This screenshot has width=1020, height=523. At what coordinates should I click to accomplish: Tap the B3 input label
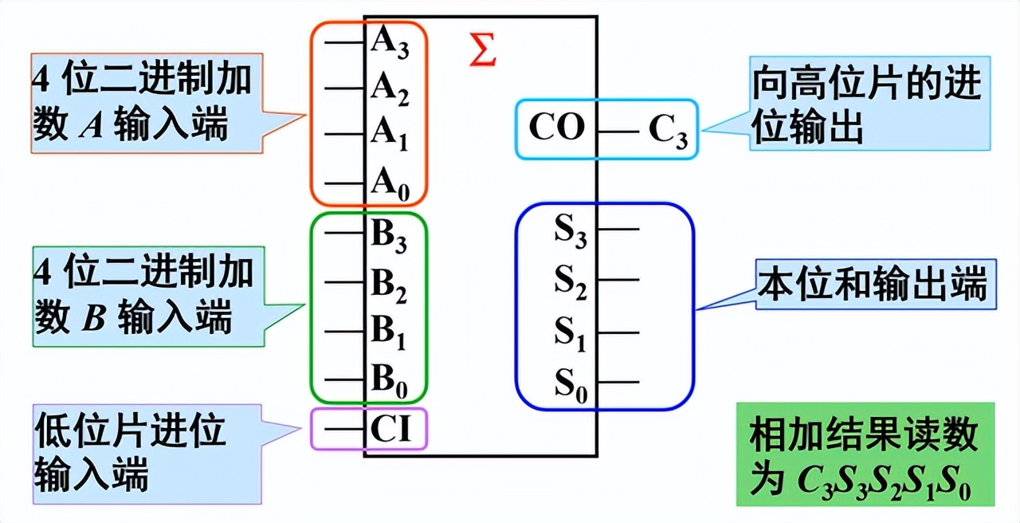pos(390,236)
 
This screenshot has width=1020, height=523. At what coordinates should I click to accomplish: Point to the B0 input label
pos(390,383)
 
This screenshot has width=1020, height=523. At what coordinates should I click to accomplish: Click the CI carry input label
pos(390,431)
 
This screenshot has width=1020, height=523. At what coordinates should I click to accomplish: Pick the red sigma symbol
pos(483,50)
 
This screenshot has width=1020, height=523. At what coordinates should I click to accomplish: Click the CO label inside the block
pos(557,128)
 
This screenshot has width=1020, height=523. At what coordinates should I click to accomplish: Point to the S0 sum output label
pos(571,385)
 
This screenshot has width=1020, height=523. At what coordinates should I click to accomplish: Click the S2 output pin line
pos(619,280)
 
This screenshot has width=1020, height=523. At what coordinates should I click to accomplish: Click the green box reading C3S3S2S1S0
pos(865,454)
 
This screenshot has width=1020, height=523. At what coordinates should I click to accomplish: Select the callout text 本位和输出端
pos(873,285)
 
